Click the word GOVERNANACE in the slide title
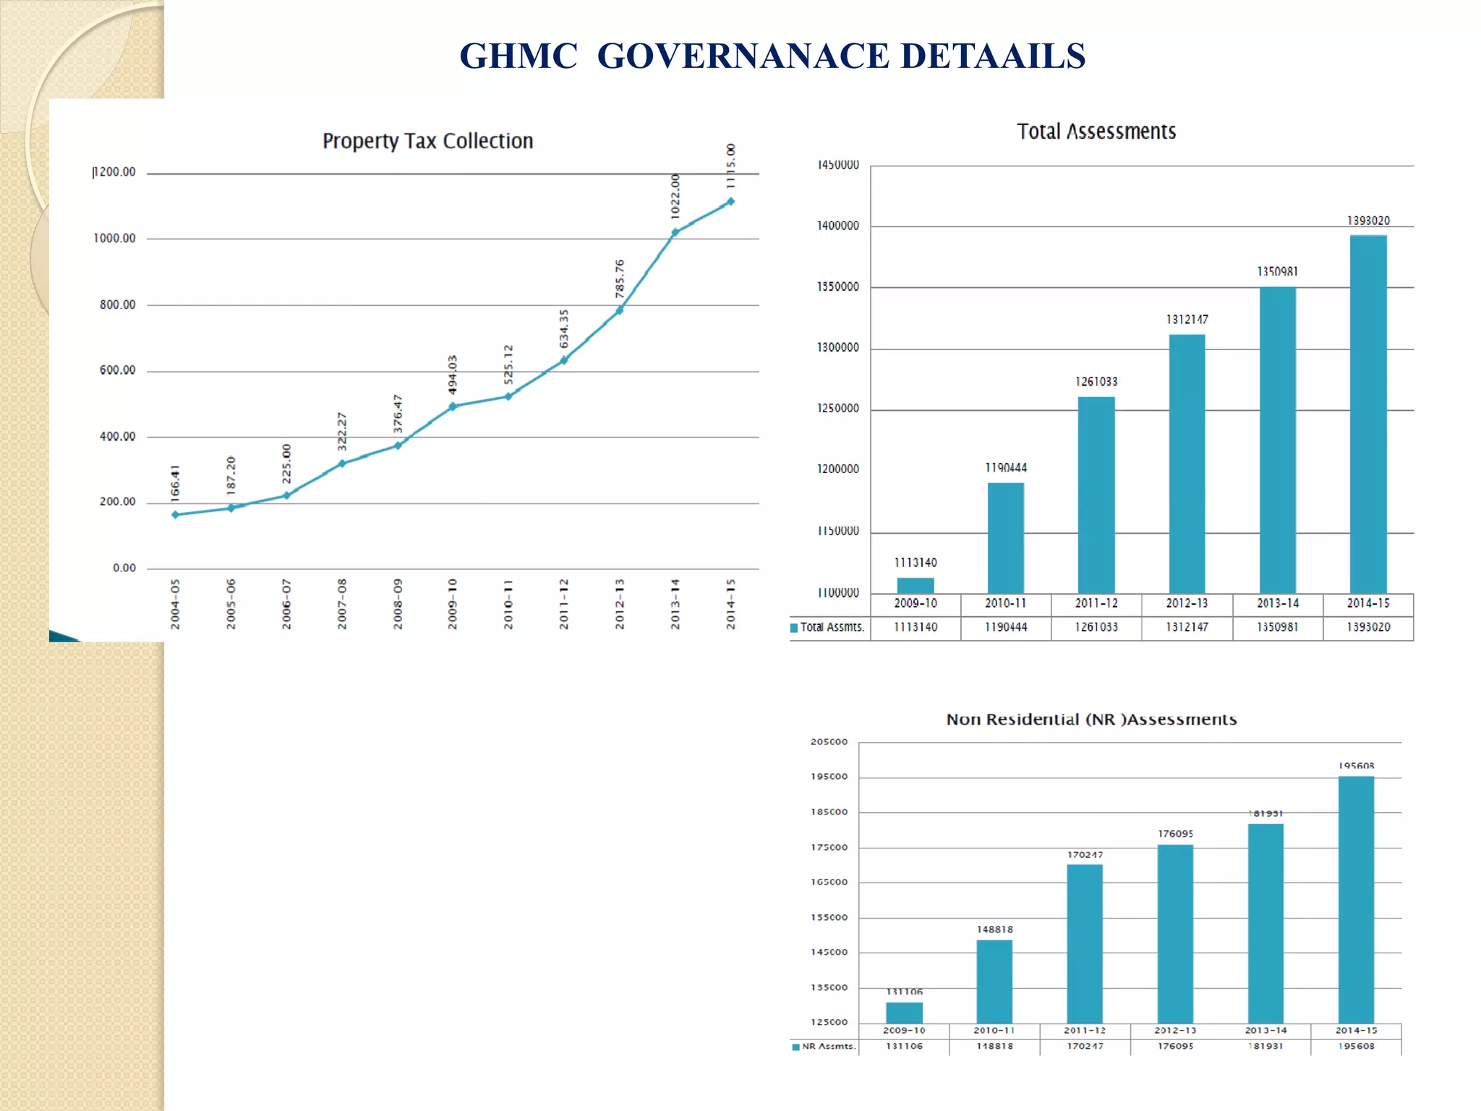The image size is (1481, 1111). (743, 56)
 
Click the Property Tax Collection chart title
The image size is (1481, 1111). (427, 141)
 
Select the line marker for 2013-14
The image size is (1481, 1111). (675, 232)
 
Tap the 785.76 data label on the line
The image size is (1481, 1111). (620, 278)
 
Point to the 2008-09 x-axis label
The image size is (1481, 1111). (398, 603)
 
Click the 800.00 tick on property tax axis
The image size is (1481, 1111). (117, 305)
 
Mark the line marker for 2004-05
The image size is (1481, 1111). (176, 514)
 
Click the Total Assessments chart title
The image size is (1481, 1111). (1096, 132)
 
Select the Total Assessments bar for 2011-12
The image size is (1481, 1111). (1096, 495)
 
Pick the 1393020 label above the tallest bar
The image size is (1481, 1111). (1368, 221)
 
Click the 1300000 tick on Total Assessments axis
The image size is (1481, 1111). (838, 348)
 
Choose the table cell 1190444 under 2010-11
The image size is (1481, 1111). (1006, 627)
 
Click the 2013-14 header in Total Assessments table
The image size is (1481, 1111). (1278, 603)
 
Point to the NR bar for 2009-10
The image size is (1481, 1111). (904, 1012)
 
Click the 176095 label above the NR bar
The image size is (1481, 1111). (1175, 834)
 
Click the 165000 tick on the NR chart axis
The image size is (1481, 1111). (829, 882)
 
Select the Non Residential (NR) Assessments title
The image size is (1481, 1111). (1091, 720)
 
